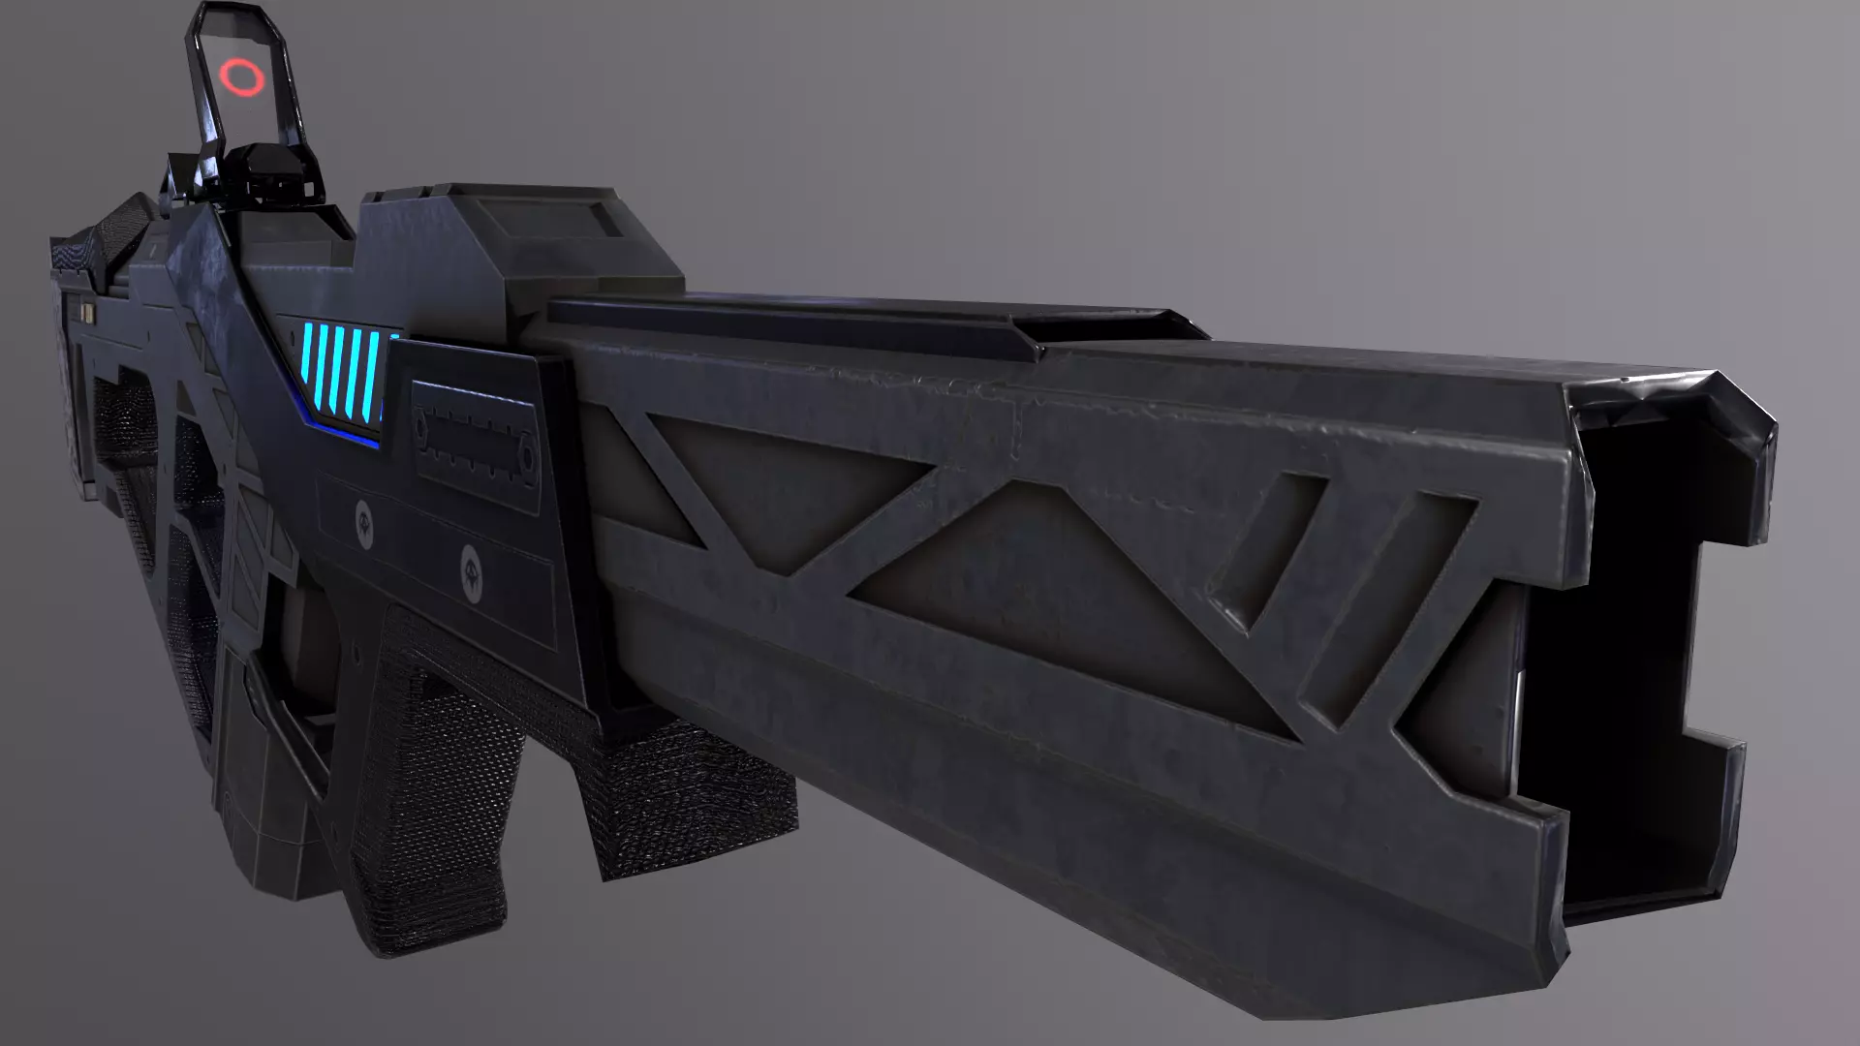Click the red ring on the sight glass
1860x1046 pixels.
pyautogui.click(x=240, y=77)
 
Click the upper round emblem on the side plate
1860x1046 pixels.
pyautogui.click(x=364, y=514)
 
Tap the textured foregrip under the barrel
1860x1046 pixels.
pyautogui.click(x=678, y=794)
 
